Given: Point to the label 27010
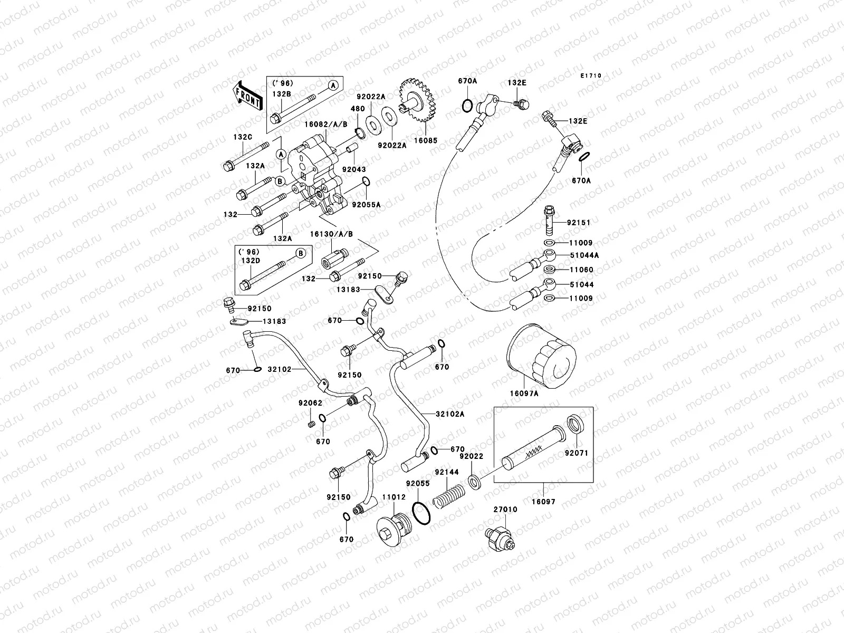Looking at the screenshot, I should tap(505, 510).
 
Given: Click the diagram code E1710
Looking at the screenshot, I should tap(591, 76).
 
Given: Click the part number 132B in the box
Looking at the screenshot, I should tap(282, 93).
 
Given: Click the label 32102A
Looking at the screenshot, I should tap(450, 414).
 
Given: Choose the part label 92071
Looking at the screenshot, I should tap(577, 453).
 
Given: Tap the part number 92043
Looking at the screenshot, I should tap(354, 170).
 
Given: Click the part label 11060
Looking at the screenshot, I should tap(580, 270).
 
